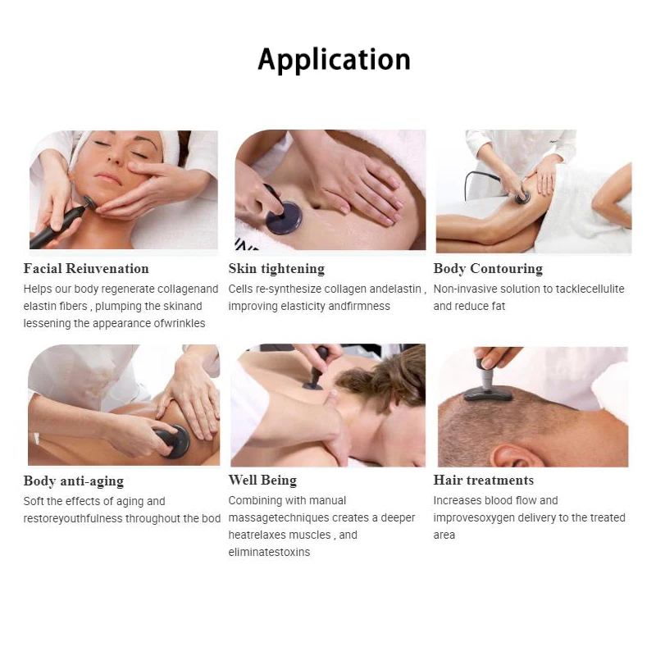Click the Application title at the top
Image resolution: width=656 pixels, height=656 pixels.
334,60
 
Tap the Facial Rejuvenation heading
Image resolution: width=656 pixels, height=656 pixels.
86,269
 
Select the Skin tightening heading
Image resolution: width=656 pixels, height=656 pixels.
276,269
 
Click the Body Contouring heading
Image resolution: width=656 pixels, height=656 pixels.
488,269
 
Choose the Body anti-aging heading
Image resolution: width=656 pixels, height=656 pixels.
74,481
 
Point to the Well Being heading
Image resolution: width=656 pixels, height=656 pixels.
262,481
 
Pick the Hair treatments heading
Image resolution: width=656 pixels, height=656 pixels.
483,481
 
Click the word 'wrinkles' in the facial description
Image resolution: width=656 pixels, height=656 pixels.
182,323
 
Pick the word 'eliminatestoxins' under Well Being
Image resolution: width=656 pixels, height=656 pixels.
269,552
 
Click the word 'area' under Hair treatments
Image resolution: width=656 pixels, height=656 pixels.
444,535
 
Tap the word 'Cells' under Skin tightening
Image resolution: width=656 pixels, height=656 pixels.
242,289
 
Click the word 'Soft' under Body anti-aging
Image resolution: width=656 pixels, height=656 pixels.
35,501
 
